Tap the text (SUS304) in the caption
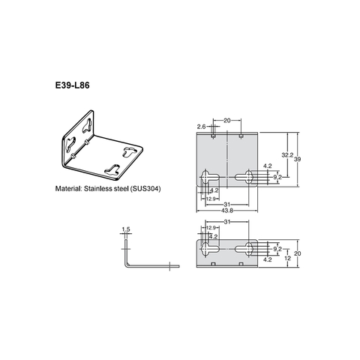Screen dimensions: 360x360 coord(145,189)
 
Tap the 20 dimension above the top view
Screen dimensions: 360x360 coord(227,119)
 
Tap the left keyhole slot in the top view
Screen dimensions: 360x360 coord(208,178)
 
